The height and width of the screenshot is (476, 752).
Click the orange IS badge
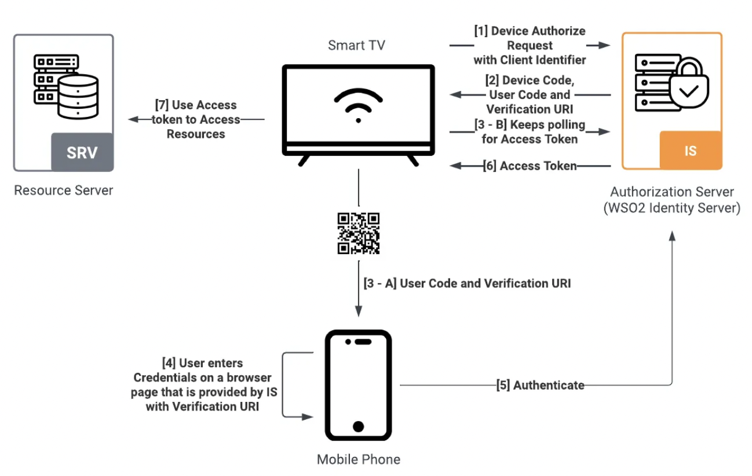point(691,151)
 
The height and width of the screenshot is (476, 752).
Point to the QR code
point(359,233)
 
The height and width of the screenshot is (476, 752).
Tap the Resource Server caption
point(64,191)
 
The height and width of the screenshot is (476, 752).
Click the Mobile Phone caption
point(358,460)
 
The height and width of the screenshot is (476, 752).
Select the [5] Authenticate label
point(540,385)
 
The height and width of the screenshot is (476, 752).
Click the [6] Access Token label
point(530,166)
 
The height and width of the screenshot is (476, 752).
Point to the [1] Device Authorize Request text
point(530,45)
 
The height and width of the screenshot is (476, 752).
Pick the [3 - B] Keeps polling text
point(530,132)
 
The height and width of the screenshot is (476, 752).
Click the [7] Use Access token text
point(196,119)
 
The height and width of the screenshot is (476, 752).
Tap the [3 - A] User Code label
point(467,284)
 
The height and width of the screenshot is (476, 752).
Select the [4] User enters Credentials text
point(205,385)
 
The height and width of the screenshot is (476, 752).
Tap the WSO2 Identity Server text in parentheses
point(672,208)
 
